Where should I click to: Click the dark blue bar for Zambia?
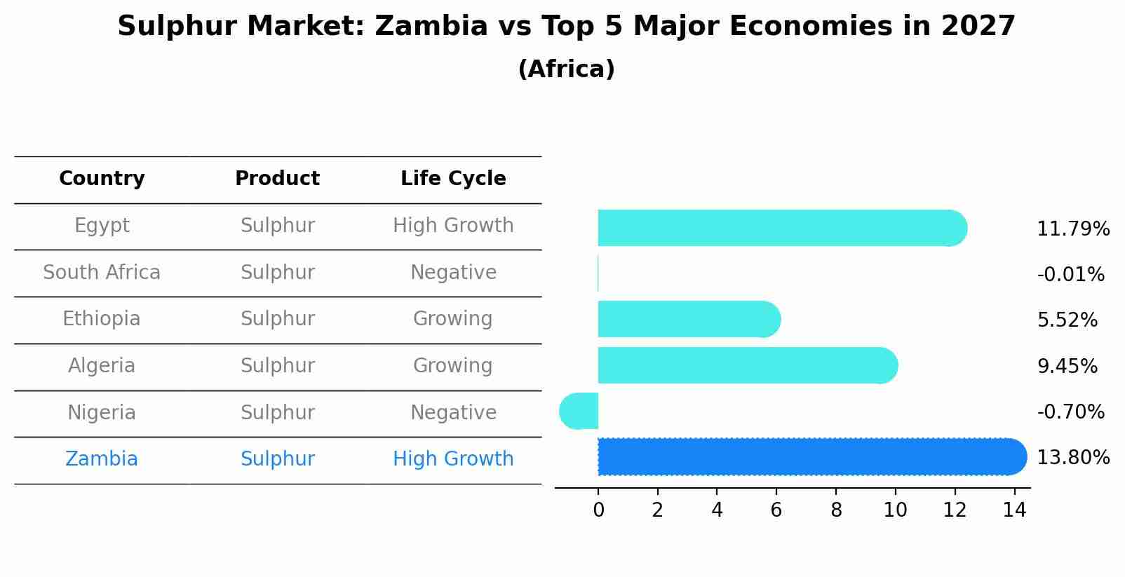click(807, 456)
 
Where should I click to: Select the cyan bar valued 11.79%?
click(779, 228)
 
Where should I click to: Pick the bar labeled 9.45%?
click(743, 365)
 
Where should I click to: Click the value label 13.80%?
click(1072, 458)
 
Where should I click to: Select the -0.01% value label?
click(1070, 275)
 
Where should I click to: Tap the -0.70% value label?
click(1070, 412)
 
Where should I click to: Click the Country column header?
click(102, 179)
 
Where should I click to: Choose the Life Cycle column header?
click(453, 179)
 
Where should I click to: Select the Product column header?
click(277, 179)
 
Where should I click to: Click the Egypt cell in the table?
click(102, 226)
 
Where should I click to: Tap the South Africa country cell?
click(102, 273)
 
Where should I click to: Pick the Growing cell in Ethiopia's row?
click(453, 319)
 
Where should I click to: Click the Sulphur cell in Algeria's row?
click(277, 366)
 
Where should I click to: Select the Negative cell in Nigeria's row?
click(453, 413)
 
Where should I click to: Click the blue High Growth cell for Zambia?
click(453, 459)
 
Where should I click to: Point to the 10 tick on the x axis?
click(895, 510)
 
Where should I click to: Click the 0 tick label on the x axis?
click(598, 510)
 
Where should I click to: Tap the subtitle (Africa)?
click(566, 69)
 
